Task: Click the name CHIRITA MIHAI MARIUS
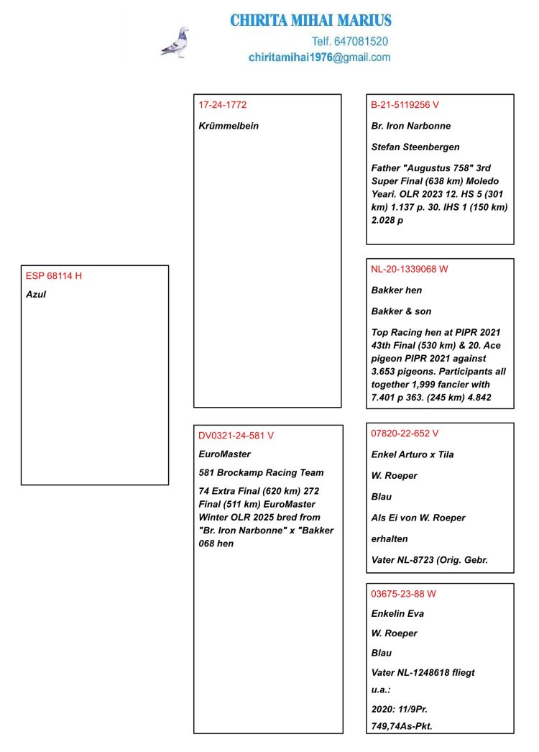click(x=310, y=20)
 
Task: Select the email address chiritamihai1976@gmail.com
click(x=319, y=58)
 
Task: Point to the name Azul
click(x=36, y=295)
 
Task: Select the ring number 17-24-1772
click(x=223, y=105)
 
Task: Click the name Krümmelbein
click(x=229, y=126)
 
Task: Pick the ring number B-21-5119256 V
click(x=405, y=105)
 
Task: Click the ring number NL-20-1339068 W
click(x=410, y=270)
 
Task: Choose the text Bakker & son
click(x=401, y=311)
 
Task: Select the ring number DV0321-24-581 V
click(x=236, y=436)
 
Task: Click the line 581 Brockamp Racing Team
click(x=261, y=473)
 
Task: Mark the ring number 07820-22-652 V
click(x=405, y=434)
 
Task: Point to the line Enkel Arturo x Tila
click(x=413, y=454)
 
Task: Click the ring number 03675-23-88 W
click(x=403, y=594)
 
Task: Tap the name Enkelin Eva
click(x=397, y=614)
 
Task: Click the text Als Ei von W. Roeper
click(x=418, y=518)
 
